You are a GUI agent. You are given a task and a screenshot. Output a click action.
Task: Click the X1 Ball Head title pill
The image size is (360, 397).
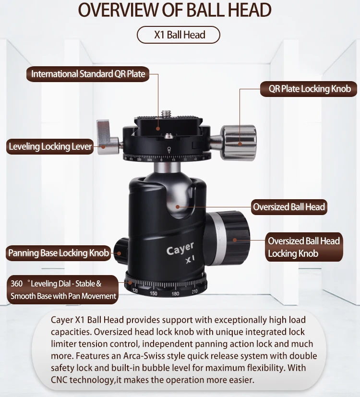pos(179,35)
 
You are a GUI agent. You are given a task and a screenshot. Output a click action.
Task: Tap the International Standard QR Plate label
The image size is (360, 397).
pos(88,74)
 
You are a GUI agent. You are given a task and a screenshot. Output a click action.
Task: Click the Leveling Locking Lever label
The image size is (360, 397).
pos(50,147)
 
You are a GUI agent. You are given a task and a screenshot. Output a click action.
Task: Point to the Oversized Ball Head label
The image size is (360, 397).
pos(289,207)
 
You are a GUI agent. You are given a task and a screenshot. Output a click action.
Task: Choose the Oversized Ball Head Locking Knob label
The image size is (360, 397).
pos(304,247)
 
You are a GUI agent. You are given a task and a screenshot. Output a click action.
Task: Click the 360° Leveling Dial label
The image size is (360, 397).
pos(63,290)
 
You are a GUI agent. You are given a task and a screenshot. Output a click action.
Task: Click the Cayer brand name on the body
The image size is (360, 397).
pos(180,249)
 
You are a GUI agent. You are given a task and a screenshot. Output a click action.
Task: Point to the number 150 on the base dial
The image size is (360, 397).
pos(153,293)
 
